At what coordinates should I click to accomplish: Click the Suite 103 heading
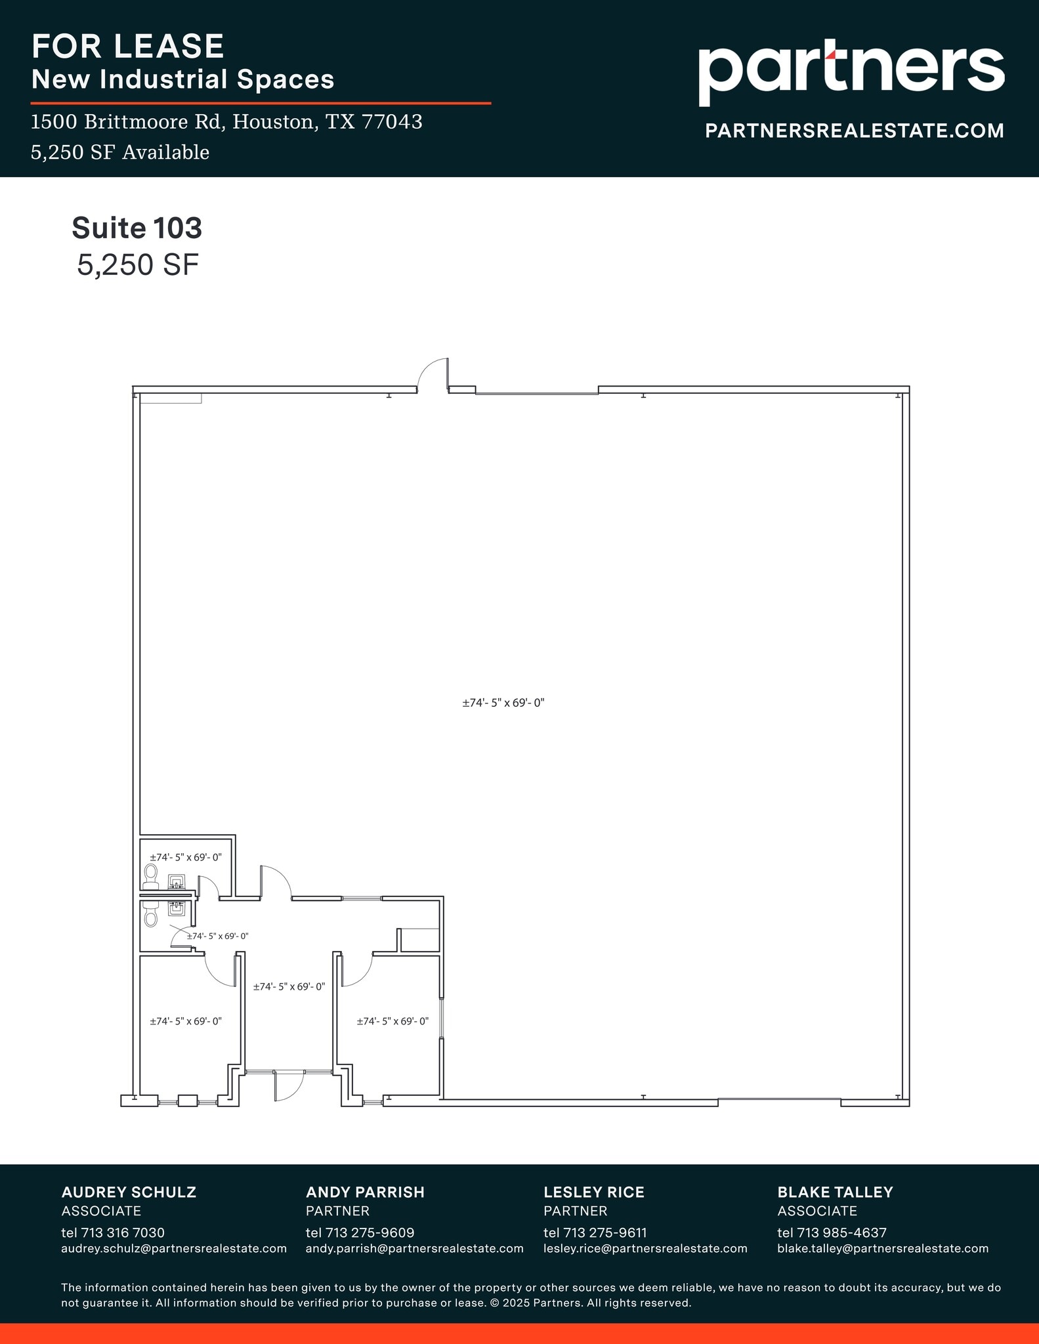137,228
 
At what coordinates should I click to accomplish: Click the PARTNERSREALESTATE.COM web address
854,131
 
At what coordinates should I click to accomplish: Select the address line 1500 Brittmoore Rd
226,122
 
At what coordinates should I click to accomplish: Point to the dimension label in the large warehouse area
503,703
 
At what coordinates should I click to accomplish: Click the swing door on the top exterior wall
434,376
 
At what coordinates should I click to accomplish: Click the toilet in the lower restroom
151,914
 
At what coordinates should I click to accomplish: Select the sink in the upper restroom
176,881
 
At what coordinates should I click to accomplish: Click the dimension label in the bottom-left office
186,1021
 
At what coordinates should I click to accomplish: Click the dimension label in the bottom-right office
392,1021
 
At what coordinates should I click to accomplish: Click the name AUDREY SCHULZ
129,1192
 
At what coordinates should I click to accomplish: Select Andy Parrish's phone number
360,1232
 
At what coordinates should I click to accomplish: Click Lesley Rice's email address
645,1248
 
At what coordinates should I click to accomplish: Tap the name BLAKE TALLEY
835,1192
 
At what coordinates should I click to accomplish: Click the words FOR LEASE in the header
128,47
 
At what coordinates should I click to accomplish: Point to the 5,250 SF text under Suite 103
137,265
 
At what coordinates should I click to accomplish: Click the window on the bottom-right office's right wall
442,1018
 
